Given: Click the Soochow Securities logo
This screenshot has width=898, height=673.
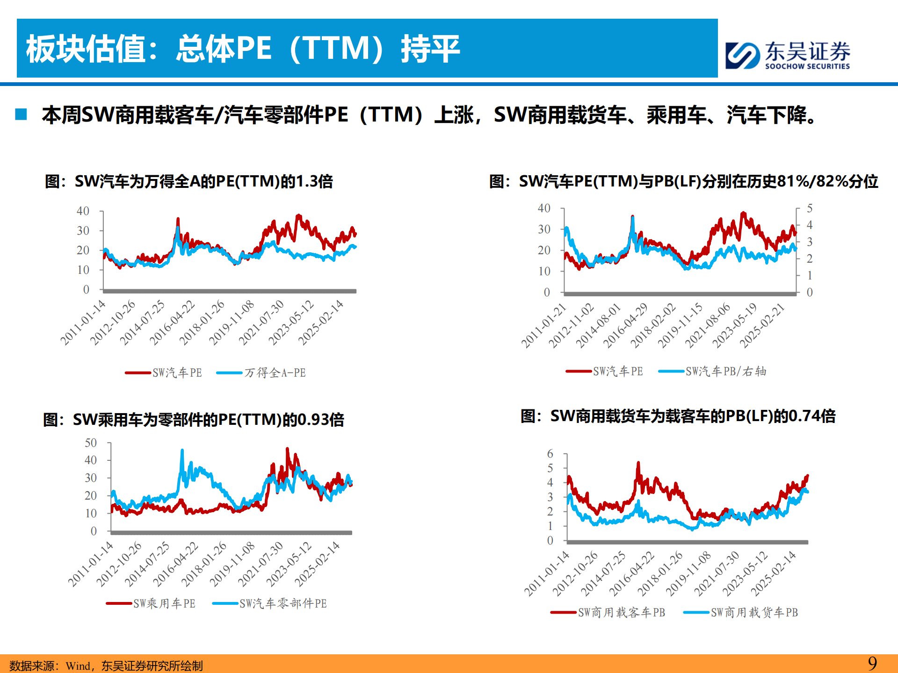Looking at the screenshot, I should pyautogui.click(x=788, y=55).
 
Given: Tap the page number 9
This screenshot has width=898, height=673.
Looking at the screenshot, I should pyautogui.click(x=872, y=663).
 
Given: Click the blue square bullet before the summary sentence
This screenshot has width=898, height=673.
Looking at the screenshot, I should pyautogui.click(x=21, y=114).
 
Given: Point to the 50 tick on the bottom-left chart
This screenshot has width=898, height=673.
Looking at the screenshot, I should pyautogui.click(x=91, y=443).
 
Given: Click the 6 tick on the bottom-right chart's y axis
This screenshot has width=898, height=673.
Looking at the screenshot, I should pyautogui.click(x=550, y=453).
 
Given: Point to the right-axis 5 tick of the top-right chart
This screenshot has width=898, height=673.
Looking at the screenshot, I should pyautogui.click(x=810, y=208).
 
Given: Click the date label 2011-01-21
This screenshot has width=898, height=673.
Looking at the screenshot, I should pyautogui.click(x=544, y=325).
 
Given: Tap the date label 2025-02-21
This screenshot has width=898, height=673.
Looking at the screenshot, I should pyautogui.click(x=762, y=325).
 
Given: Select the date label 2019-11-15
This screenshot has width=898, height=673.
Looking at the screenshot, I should pyautogui.click(x=680, y=325).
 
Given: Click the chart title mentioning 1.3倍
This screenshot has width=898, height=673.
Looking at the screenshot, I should pyautogui.click(x=188, y=181).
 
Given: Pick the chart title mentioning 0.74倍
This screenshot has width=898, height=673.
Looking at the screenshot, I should pyautogui.click(x=678, y=415).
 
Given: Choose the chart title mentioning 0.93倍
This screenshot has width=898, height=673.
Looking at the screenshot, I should pyautogui.click(x=193, y=419).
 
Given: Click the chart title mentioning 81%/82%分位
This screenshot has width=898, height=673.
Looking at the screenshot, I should pyautogui.click(x=683, y=181).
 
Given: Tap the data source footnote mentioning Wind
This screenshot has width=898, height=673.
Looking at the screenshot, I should pyautogui.click(x=106, y=666).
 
